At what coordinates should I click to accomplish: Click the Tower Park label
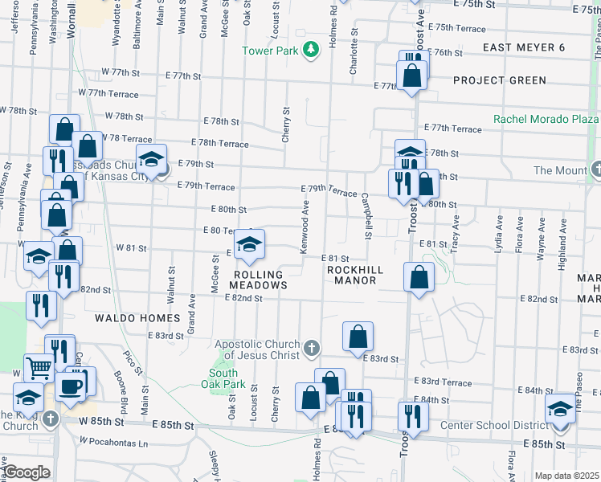coord(271,51)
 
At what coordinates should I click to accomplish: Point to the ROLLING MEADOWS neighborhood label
coord(259,280)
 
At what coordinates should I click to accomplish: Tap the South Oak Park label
coord(223,378)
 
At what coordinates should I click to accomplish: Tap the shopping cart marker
coord(39,369)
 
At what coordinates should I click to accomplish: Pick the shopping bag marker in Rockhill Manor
coord(419,278)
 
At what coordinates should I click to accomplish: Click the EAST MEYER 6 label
coord(524,48)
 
